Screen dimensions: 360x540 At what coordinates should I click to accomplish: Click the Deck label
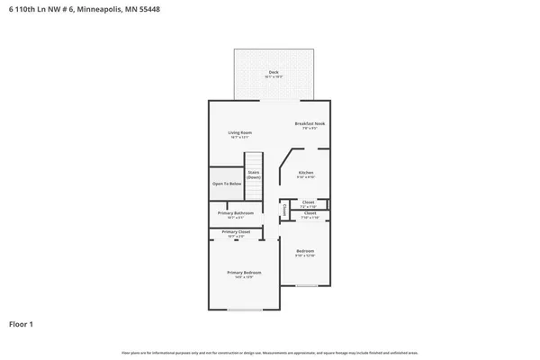[x=273, y=71]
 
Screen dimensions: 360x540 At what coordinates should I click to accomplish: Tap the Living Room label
[x=239, y=132]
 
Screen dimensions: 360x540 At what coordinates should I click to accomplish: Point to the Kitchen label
[x=306, y=172]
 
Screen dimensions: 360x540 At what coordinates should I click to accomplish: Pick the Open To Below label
[x=227, y=183]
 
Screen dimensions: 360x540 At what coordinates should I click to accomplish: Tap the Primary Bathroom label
[x=236, y=212]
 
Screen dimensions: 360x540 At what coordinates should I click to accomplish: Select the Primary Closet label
[x=236, y=231]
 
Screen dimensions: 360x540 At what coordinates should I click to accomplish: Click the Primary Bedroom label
[x=244, y=272]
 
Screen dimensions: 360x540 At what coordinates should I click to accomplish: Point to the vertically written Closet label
[x=284, y=211]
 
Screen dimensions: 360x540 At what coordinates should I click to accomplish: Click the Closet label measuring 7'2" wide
[x=308, y=202]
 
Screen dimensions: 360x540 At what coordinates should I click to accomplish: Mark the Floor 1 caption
[x=22, y=323]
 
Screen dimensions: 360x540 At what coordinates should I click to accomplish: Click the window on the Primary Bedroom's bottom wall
[x=244, y=310]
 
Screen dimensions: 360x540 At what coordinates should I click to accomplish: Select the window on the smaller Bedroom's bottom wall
[x=307, y=285]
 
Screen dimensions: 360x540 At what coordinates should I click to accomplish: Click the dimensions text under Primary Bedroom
[x=244, y=277]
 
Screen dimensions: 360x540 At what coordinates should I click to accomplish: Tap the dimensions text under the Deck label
[x=273, y=76]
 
